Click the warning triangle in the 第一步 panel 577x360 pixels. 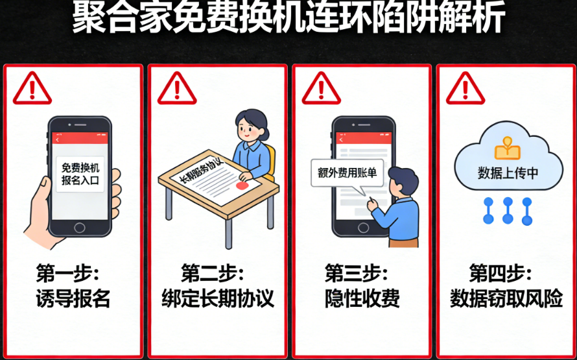point(32,88)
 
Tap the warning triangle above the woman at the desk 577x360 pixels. point(176,88)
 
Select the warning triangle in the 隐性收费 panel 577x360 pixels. point(321,88)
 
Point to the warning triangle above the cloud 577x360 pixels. point(465,88)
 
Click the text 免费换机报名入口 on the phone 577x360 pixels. point(80,174)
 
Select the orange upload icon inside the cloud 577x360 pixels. point(508,150)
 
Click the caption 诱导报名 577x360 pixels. point(74,299)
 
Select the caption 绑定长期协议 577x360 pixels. point(217,299)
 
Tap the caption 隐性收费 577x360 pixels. point(361,299)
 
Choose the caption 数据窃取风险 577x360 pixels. point(506,299)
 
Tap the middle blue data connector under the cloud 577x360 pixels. point(508,211)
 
